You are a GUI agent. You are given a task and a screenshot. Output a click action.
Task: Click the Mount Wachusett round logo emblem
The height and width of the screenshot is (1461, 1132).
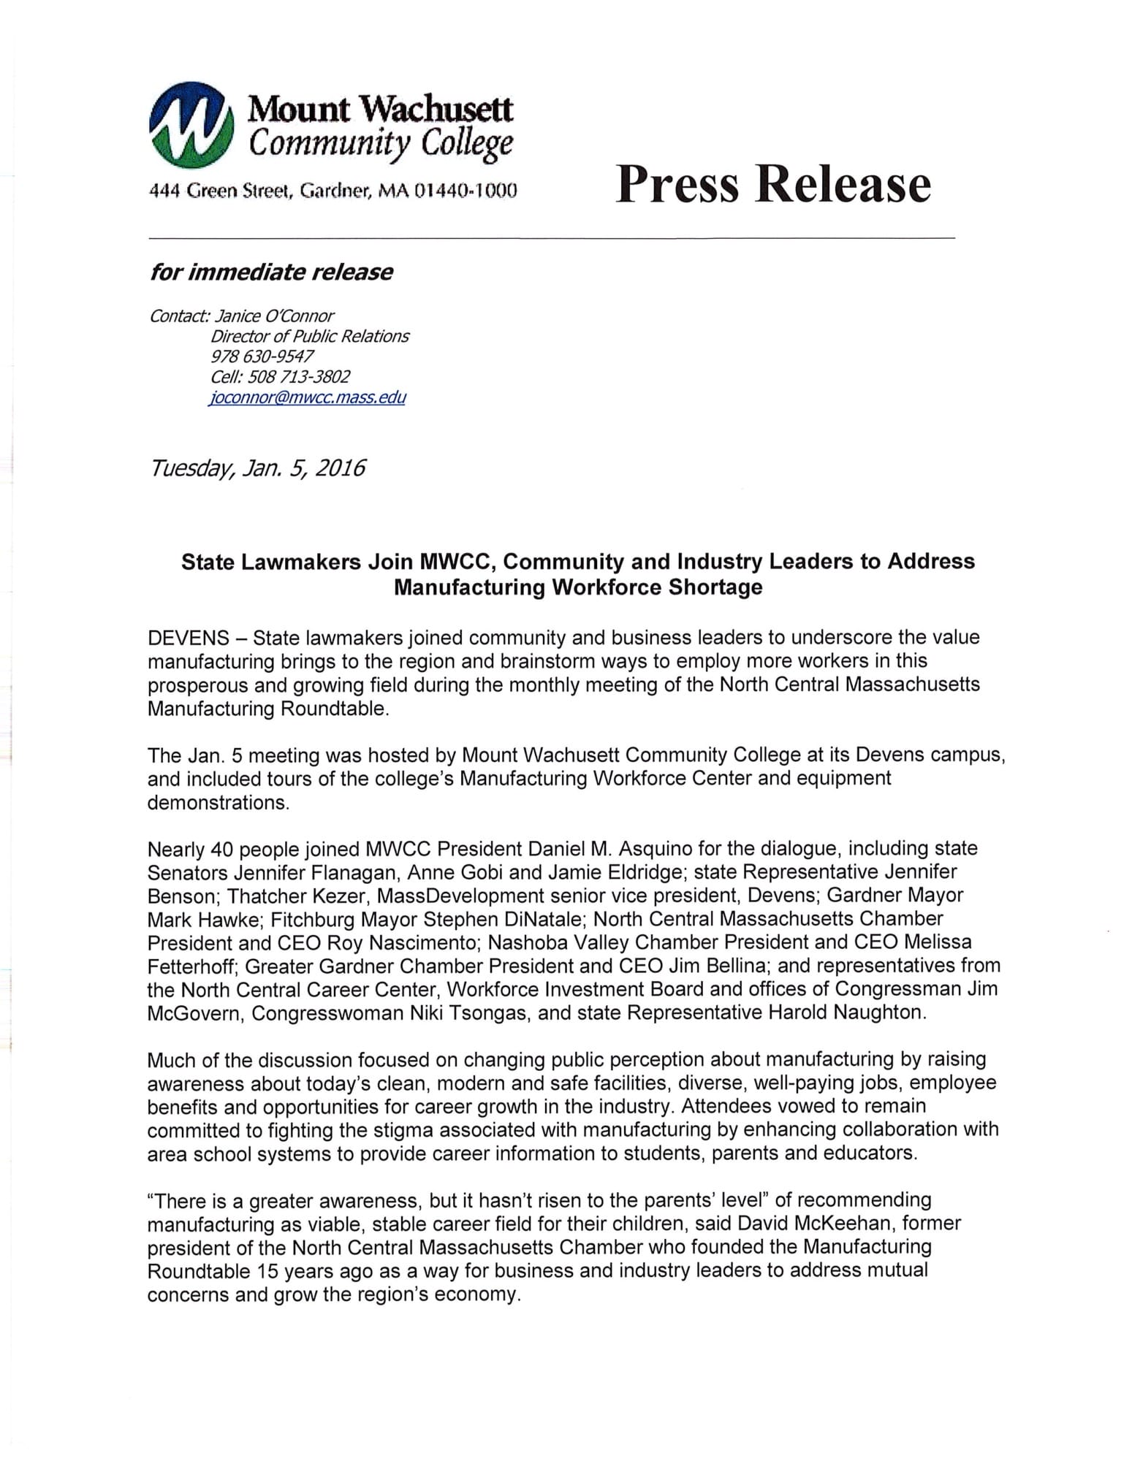pos(191,124)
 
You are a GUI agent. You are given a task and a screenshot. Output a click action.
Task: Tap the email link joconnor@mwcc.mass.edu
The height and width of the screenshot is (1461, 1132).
pos(307,398)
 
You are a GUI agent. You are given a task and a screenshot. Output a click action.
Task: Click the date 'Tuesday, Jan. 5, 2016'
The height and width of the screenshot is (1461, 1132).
pos(257,468)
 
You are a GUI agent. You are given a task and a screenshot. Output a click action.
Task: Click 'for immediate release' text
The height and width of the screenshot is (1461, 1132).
pos(271,272)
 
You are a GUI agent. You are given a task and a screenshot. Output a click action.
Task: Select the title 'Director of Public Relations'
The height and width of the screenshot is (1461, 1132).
pos(310,336)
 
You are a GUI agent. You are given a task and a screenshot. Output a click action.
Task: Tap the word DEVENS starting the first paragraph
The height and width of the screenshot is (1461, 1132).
pos(189,638)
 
